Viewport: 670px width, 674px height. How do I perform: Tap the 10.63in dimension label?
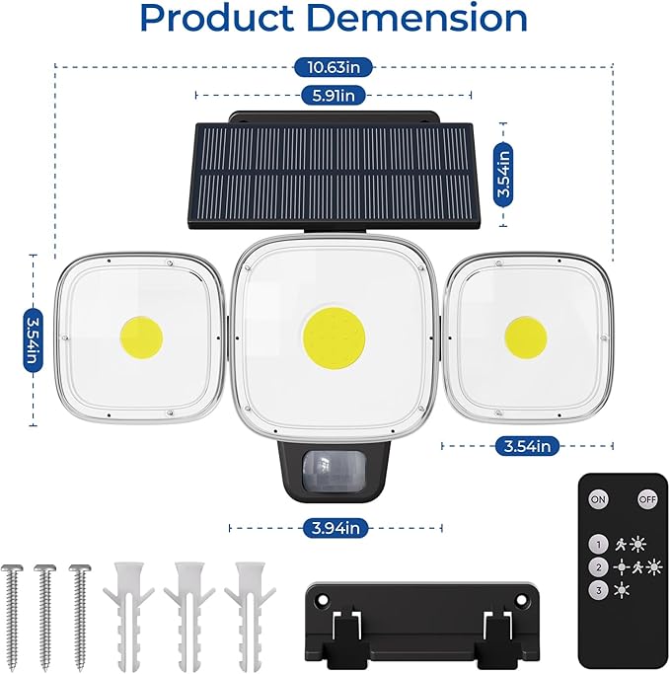click(335, 67)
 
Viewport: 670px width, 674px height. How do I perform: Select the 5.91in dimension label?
click(335, 95)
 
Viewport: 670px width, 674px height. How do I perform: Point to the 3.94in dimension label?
click(335, 529)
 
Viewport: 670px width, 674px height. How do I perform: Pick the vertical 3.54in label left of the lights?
click(32, 340)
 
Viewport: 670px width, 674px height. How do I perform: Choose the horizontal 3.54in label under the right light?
click(527, 446)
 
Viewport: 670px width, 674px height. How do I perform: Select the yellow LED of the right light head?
click(525, 337)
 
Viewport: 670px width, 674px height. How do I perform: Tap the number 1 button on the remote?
click(597, 544)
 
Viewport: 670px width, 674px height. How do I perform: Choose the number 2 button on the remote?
click(597, 567)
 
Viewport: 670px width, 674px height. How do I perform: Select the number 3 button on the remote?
click(597, 590)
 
